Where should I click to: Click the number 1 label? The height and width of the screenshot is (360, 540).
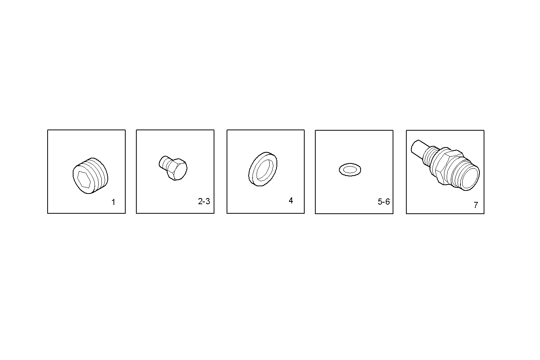pyautogui.click(x=113, y=202)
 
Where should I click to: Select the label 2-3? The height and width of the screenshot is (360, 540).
pyautogui.click(x=204, y=202)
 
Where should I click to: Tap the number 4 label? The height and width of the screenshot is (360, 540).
pyautogui.click(x=291, y=201)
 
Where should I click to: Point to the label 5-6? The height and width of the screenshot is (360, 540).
pyautogui.click(x=383, y=202)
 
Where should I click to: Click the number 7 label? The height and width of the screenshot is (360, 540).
pyautogui.click(x=476, y=205)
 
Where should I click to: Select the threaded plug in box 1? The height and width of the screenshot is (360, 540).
pyautogui.click(x=90, y=176)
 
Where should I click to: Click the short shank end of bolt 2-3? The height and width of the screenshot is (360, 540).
pyautogui.click(x=163, y=162)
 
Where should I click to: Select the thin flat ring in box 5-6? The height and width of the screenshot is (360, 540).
pyautogui.click(x=350, y=170)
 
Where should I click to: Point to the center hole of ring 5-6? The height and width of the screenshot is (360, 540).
pyautogui.click(x=350, y=170)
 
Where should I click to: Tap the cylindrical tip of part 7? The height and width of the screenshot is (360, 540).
pyautogui.click(x=420, y=149)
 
